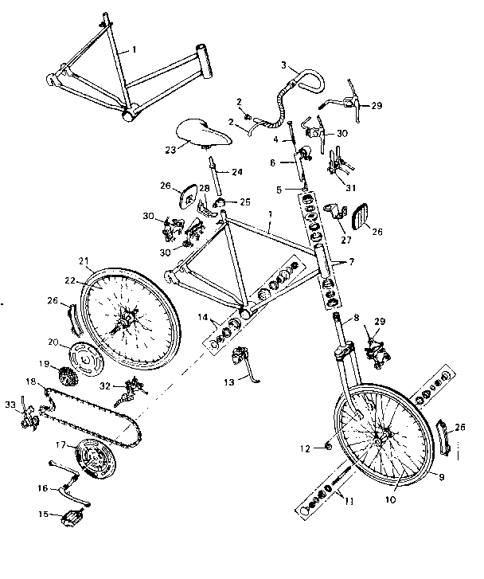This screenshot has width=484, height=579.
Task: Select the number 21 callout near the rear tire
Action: [x=84, y=260]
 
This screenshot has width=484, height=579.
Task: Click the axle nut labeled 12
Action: [x=327, y=448]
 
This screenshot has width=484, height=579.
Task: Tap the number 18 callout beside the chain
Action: [x=30, y=382]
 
